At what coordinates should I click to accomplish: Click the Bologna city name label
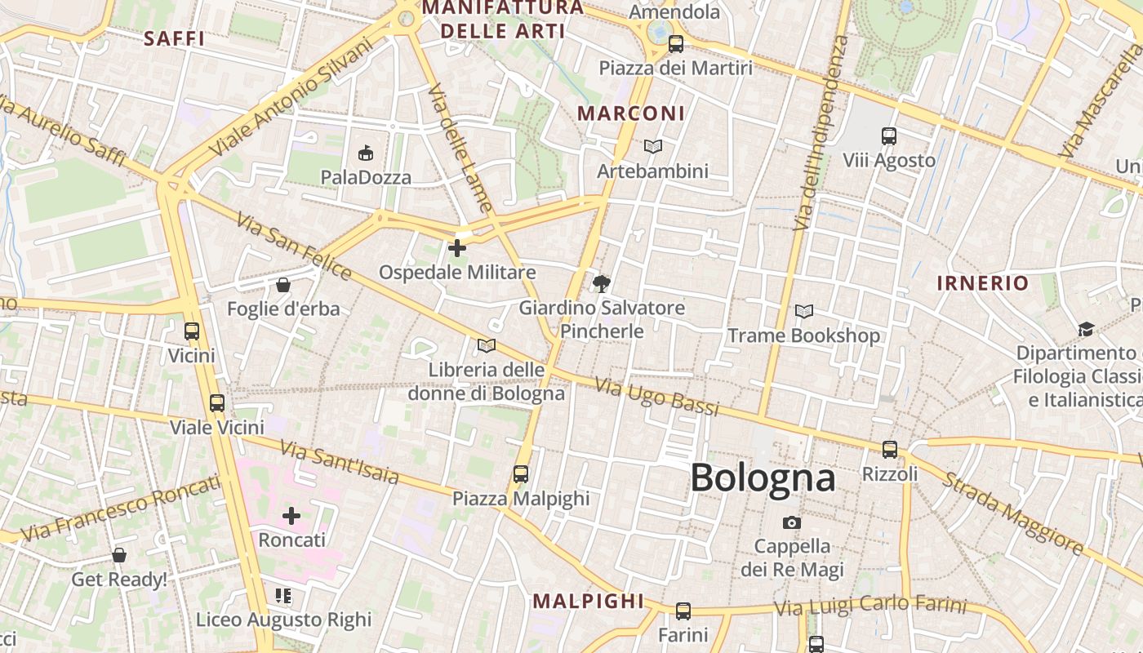763,478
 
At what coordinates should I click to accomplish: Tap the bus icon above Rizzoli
889,449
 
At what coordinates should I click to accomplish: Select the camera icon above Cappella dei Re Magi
791,522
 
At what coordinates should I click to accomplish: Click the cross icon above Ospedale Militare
457,247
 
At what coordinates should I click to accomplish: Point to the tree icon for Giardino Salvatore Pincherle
602,283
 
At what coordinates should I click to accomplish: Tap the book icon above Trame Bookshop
803,311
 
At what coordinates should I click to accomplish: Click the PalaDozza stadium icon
366,153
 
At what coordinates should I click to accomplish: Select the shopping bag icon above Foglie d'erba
282,285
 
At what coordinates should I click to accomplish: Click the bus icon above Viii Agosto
889,136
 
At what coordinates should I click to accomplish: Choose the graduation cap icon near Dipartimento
1086,329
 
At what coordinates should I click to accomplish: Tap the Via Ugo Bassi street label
656,396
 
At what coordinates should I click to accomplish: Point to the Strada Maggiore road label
1012,513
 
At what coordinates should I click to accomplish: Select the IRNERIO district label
982,283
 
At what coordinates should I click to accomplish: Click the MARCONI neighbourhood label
631,113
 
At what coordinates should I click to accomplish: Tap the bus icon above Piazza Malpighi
520,473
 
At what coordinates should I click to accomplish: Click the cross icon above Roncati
291,516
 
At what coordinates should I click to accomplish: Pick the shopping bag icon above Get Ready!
119,555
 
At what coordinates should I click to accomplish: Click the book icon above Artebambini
652,146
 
